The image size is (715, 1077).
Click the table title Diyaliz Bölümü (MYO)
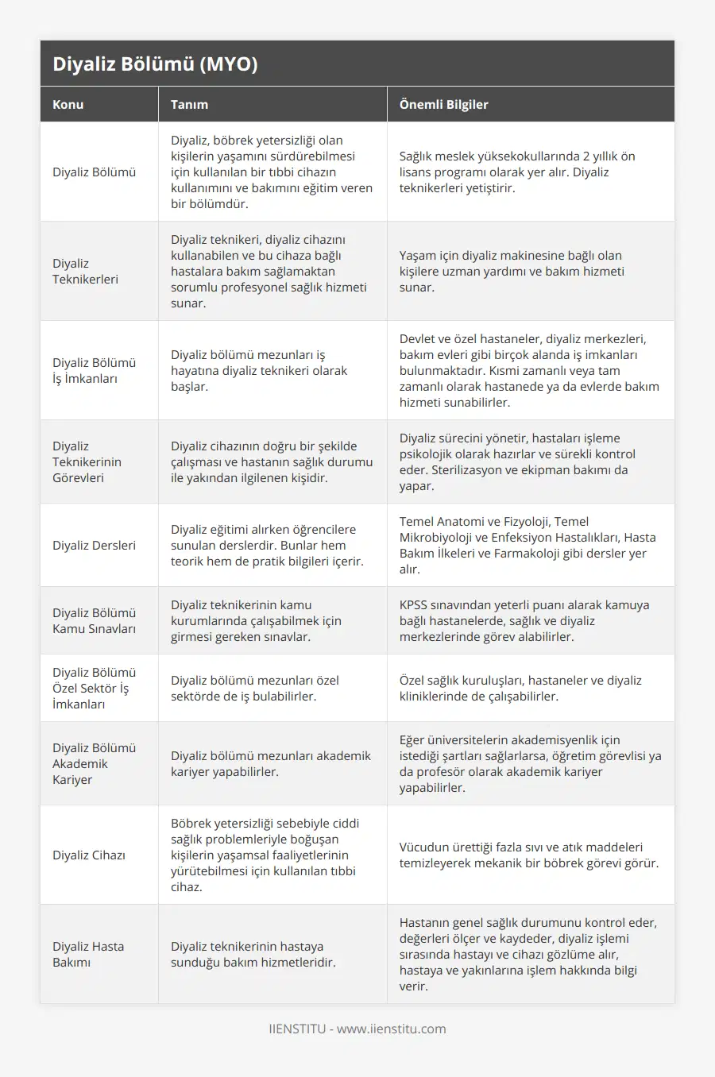(155, 64)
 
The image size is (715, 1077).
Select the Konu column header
(68, 104)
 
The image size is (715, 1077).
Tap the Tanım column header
(189, 104)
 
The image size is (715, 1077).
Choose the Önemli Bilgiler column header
(443, 104)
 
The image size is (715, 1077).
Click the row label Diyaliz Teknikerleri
(85, 271)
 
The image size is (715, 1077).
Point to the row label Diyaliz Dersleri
(94, 545)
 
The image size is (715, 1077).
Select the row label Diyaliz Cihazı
(89, 855)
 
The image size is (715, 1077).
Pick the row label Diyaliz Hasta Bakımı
(88, 954)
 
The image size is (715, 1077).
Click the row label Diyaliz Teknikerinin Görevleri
(87, 461)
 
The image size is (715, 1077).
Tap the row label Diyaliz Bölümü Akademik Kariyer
(94, 763)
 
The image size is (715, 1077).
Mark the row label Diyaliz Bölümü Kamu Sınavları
(94, 620)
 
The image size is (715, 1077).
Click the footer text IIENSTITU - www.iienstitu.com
(357, 1029)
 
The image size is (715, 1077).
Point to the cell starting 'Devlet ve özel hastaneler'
(529, 370)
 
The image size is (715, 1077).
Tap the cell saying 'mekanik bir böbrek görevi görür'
(529, 855)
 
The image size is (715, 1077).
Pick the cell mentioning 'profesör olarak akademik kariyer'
(530, 763)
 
